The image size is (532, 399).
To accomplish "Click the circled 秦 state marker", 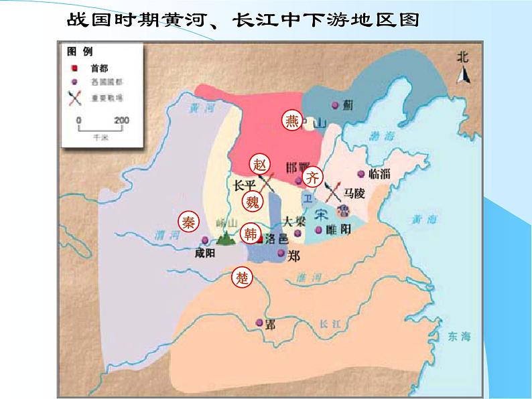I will coord(188,222).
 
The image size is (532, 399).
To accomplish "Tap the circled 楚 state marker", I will coord(242,277).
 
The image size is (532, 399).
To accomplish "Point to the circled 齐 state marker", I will coord(312,177).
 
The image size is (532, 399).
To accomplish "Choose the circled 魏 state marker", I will coord(252,201).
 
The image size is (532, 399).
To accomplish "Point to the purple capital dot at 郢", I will coord(260,324).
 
